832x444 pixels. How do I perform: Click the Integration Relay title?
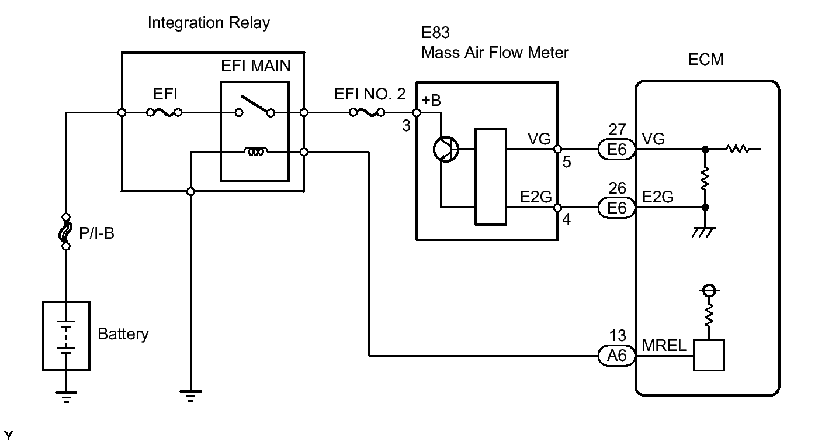(209, 23)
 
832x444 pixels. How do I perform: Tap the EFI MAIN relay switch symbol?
(254, 109)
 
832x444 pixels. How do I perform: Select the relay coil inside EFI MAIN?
(255, 152)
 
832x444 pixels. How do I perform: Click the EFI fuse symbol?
(164, 112)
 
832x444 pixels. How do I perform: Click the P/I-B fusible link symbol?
(66, 231)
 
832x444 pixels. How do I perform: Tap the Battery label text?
(123, 335)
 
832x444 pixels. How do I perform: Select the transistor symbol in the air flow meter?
(447, 149)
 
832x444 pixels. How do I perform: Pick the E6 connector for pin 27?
(616, 150)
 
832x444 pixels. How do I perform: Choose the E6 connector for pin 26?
(616, 208)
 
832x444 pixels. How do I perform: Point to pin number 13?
(617, 336)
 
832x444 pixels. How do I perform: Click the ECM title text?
(706, 60)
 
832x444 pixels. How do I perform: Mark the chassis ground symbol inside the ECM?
(705, 232)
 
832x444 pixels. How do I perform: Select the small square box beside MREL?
(708, 355)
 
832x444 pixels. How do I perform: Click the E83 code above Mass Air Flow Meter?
(436, 33)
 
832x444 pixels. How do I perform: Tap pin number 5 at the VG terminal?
(567, 162)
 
